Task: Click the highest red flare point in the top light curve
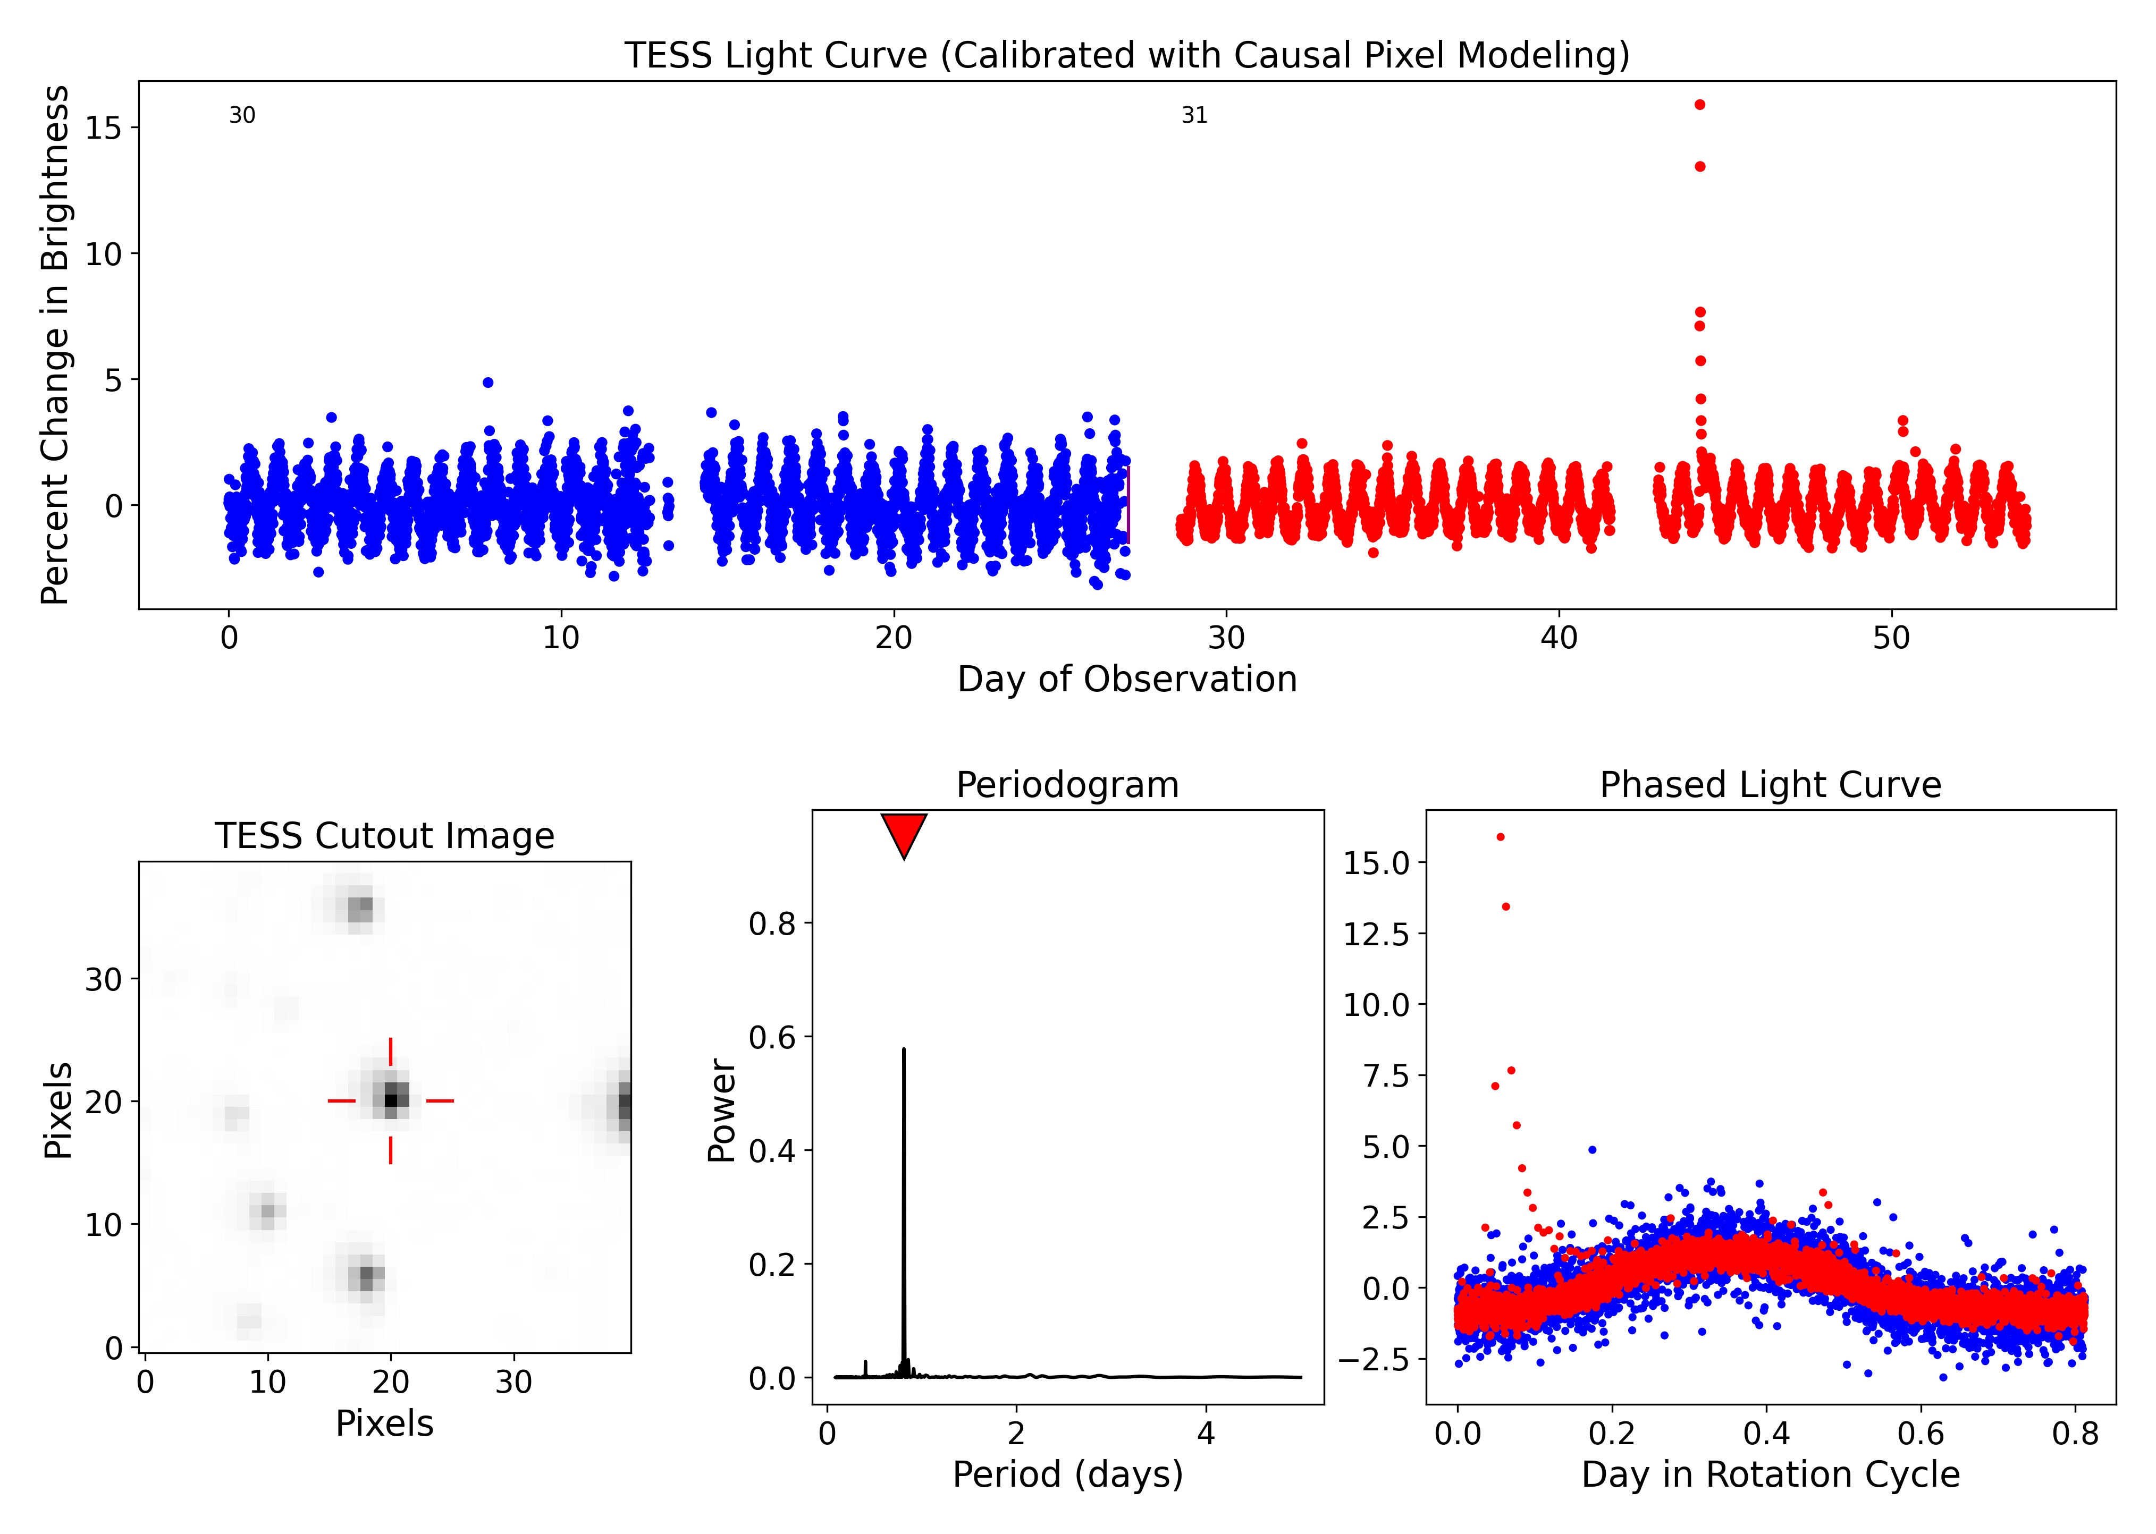tap(1700, 105)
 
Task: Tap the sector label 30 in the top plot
tap(242, 115)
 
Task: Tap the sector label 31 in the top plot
tap(1194, 115)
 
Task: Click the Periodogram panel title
tap(1067, 785)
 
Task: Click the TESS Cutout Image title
tap(384, 836)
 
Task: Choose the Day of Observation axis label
tap(1126, 679)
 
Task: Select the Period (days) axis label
tap(1067, 1474)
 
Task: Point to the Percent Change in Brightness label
tap(55, 345)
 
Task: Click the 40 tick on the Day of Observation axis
tap(1559, 639)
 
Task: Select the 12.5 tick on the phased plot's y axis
tap(1376, 934)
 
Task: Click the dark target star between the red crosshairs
tap(391, 1099)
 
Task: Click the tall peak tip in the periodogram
tap(904, 1049)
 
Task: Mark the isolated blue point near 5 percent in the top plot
tap(487, 383)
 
